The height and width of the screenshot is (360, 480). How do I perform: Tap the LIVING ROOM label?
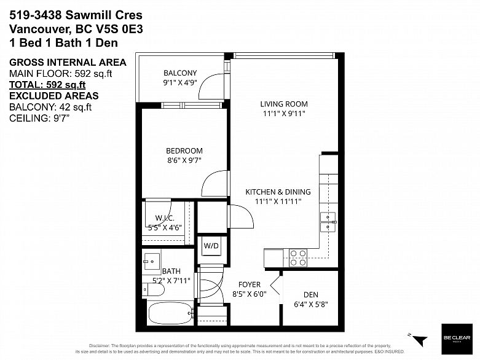(283, 104)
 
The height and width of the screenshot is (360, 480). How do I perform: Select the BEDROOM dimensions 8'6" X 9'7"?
(184, 160)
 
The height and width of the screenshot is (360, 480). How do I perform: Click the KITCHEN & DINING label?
(278, 192)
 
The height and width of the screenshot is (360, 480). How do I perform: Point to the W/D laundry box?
(211, 246)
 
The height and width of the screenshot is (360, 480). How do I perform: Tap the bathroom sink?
(151, 261)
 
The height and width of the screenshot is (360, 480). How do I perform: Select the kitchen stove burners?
(298, 257)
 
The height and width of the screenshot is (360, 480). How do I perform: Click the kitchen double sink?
(328, 222)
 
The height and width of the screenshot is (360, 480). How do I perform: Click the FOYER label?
(250, 284)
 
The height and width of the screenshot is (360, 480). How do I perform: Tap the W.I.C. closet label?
(164, 217)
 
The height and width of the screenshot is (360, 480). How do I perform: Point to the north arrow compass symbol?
(417, 338)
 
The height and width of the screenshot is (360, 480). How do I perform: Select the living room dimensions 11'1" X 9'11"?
(283, 113)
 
